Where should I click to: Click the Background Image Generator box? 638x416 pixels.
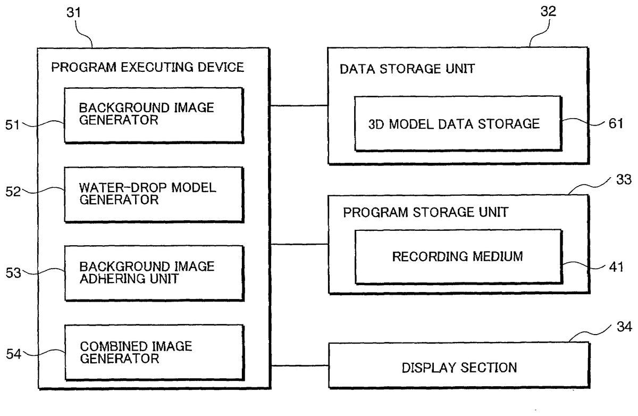(155, 115)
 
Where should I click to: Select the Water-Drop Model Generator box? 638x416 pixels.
(155, 194)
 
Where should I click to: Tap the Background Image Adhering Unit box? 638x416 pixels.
(155, 273)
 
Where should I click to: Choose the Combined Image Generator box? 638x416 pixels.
(155, 352)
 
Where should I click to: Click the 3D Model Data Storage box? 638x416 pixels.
(458, 124)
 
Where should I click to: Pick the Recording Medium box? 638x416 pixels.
(458, 256)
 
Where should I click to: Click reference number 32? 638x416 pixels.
(548, 12)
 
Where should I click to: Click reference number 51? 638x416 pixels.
(12, 126)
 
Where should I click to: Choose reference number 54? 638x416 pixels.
(12, 352)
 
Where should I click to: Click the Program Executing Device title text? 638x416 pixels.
(147, 68)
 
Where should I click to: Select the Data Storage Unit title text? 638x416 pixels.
(408, 70)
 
